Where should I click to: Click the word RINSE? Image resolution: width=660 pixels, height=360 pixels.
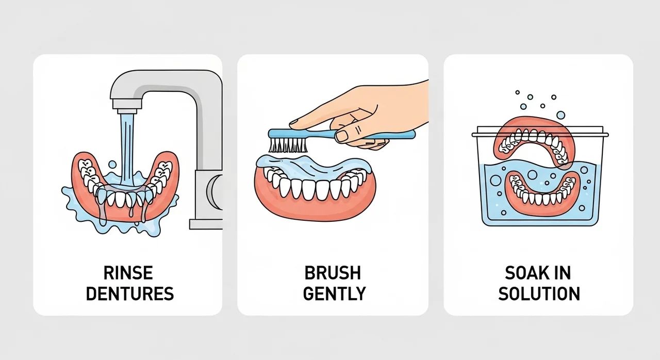(128, 273)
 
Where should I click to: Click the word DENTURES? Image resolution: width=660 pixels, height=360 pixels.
(130, 293)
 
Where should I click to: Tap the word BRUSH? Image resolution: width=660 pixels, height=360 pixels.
(333, 273)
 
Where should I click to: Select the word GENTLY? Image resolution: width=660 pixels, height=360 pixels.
(335, 293)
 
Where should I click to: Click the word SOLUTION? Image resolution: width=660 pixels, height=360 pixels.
(539, 293)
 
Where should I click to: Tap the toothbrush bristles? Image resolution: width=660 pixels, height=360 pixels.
(288, 145)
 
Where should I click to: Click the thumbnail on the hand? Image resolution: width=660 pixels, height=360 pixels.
(342, 136)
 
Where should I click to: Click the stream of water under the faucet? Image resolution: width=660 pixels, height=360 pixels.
(127, 150)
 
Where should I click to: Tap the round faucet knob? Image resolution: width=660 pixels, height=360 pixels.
(214, 192)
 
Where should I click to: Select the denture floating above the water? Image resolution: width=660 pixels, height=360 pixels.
(534, 141)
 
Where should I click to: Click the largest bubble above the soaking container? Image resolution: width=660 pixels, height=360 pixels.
(560, 115)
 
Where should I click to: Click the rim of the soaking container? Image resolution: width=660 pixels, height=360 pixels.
(540, 135)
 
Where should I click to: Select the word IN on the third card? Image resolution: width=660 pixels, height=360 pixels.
(563, 273)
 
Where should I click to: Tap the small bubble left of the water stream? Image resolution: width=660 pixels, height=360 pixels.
(112, 165)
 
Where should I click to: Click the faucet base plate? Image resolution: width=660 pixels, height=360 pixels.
(206, 224)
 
